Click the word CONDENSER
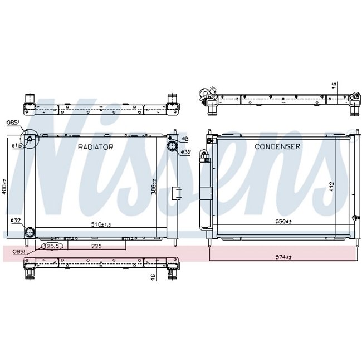[277, 147]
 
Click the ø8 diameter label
[185, 139]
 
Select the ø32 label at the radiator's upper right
[185, 151]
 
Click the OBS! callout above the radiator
[13, 124]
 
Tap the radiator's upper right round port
[172, 147]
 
